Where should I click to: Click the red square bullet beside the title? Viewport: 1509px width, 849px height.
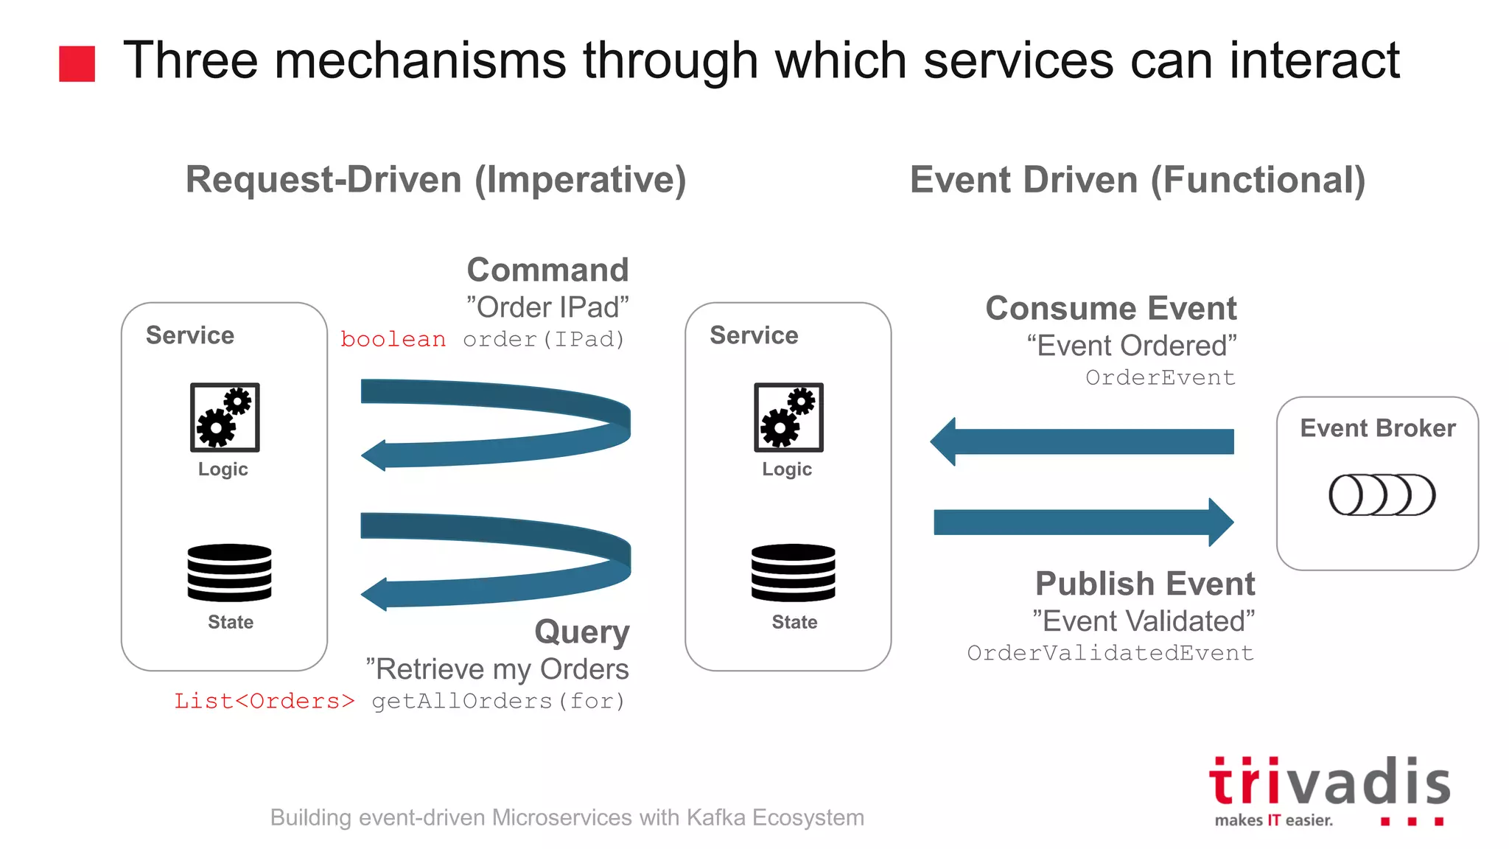click(x=77, y=63)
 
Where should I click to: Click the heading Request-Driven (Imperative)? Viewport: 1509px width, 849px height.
click(x=435, y=180)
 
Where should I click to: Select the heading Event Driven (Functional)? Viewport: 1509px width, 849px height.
click(x=1137, y=181)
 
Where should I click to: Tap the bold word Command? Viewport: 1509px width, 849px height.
click(x=547, y=270)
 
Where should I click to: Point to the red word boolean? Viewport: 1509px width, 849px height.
click(x=393, y=339)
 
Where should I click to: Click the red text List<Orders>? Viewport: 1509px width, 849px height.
click(x=264, y=701)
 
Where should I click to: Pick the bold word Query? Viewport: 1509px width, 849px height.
click(x=581, y=632)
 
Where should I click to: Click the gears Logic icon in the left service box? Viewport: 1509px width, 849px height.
click(x=225, y=417)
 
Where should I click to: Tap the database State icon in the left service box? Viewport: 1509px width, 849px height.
click(x=229, y=573)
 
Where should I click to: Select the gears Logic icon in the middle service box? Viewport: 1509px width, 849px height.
click(x=788, y=417)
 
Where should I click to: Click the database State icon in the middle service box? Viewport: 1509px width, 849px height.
click(x=794, y=573)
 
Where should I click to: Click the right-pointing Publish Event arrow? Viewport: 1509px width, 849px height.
click(x=1083, y=522)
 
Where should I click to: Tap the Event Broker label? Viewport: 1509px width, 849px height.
click(x=1377, y=428)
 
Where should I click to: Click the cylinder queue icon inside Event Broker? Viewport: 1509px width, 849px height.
click(x=1382, y=495)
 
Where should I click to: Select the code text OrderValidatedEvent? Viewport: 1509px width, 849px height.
click(x=1110, y=653)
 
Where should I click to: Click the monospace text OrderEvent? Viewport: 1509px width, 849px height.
click(x=1160, y=377)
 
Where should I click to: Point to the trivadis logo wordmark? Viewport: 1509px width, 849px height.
click(x=1329, y=783)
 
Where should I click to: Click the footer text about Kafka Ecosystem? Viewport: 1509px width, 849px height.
click(x=567, y=817)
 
